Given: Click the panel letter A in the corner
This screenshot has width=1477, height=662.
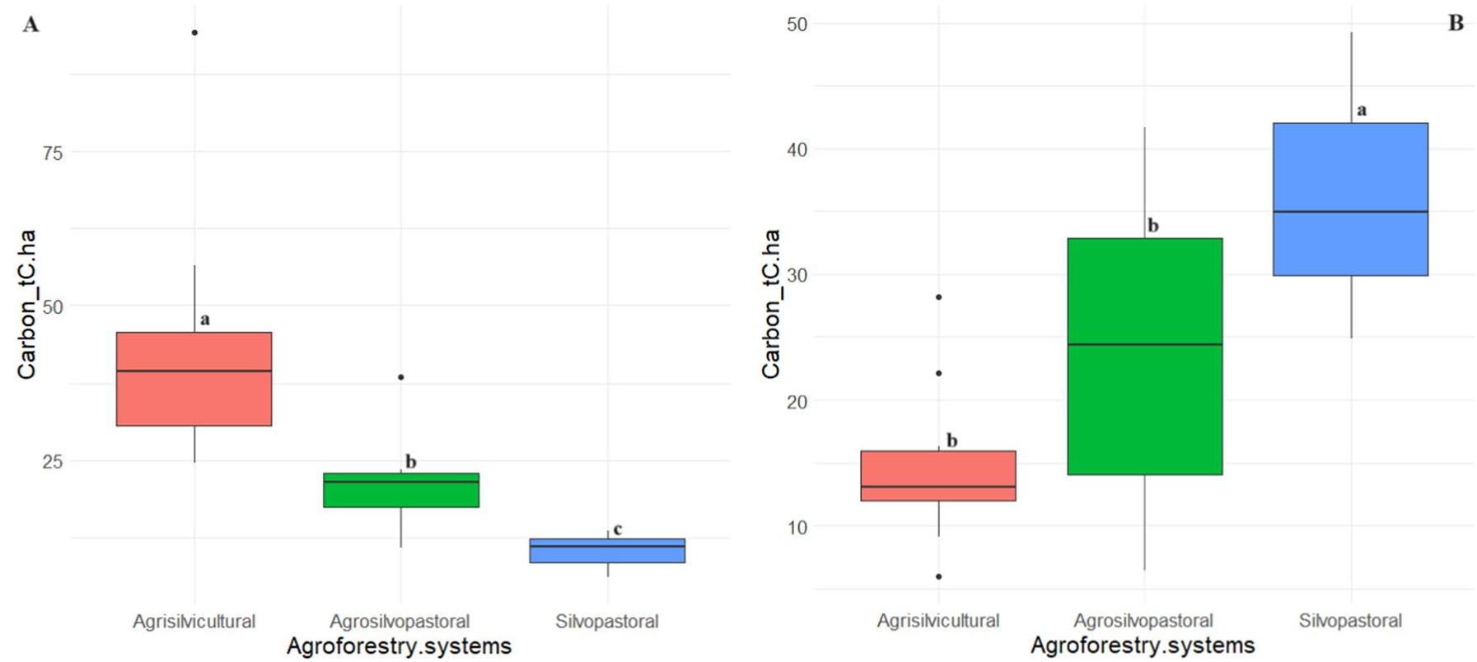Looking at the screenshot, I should (30, 25).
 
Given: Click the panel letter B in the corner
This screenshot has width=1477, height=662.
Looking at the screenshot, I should (1456, 23).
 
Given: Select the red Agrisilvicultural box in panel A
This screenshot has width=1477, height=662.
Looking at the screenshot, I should (194, 379).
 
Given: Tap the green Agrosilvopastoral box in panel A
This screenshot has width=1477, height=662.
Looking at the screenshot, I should (401, 490).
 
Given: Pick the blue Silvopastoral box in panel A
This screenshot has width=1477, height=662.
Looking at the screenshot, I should (607, 550).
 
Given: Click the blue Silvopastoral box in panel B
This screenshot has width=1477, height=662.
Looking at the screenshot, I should (1350, 199).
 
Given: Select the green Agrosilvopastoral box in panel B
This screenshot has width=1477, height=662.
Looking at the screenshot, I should (1144, 356).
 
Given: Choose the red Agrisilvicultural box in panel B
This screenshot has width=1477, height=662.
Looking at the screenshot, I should (938, 475).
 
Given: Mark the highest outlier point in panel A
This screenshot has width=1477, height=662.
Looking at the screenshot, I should (194, 33).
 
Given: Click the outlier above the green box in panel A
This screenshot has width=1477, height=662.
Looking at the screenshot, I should (401, 377).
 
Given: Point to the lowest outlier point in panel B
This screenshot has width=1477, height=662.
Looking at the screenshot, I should (938, 576).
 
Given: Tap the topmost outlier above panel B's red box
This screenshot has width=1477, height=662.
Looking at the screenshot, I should (938, 296).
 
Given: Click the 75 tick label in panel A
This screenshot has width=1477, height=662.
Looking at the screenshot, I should (52, 153).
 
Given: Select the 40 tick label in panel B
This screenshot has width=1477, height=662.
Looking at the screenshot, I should (797, 150).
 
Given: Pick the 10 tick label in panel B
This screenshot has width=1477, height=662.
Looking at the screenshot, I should (797, 528).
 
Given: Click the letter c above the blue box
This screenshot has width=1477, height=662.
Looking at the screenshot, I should (618, 529).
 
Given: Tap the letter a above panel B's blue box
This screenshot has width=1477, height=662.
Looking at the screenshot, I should (1362, 110).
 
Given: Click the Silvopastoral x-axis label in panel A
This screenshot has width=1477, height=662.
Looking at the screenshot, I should (607, 622).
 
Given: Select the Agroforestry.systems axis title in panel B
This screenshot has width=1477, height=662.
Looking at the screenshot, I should (1143, 646).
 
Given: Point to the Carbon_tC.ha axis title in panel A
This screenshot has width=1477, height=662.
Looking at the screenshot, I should (27, 305).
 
